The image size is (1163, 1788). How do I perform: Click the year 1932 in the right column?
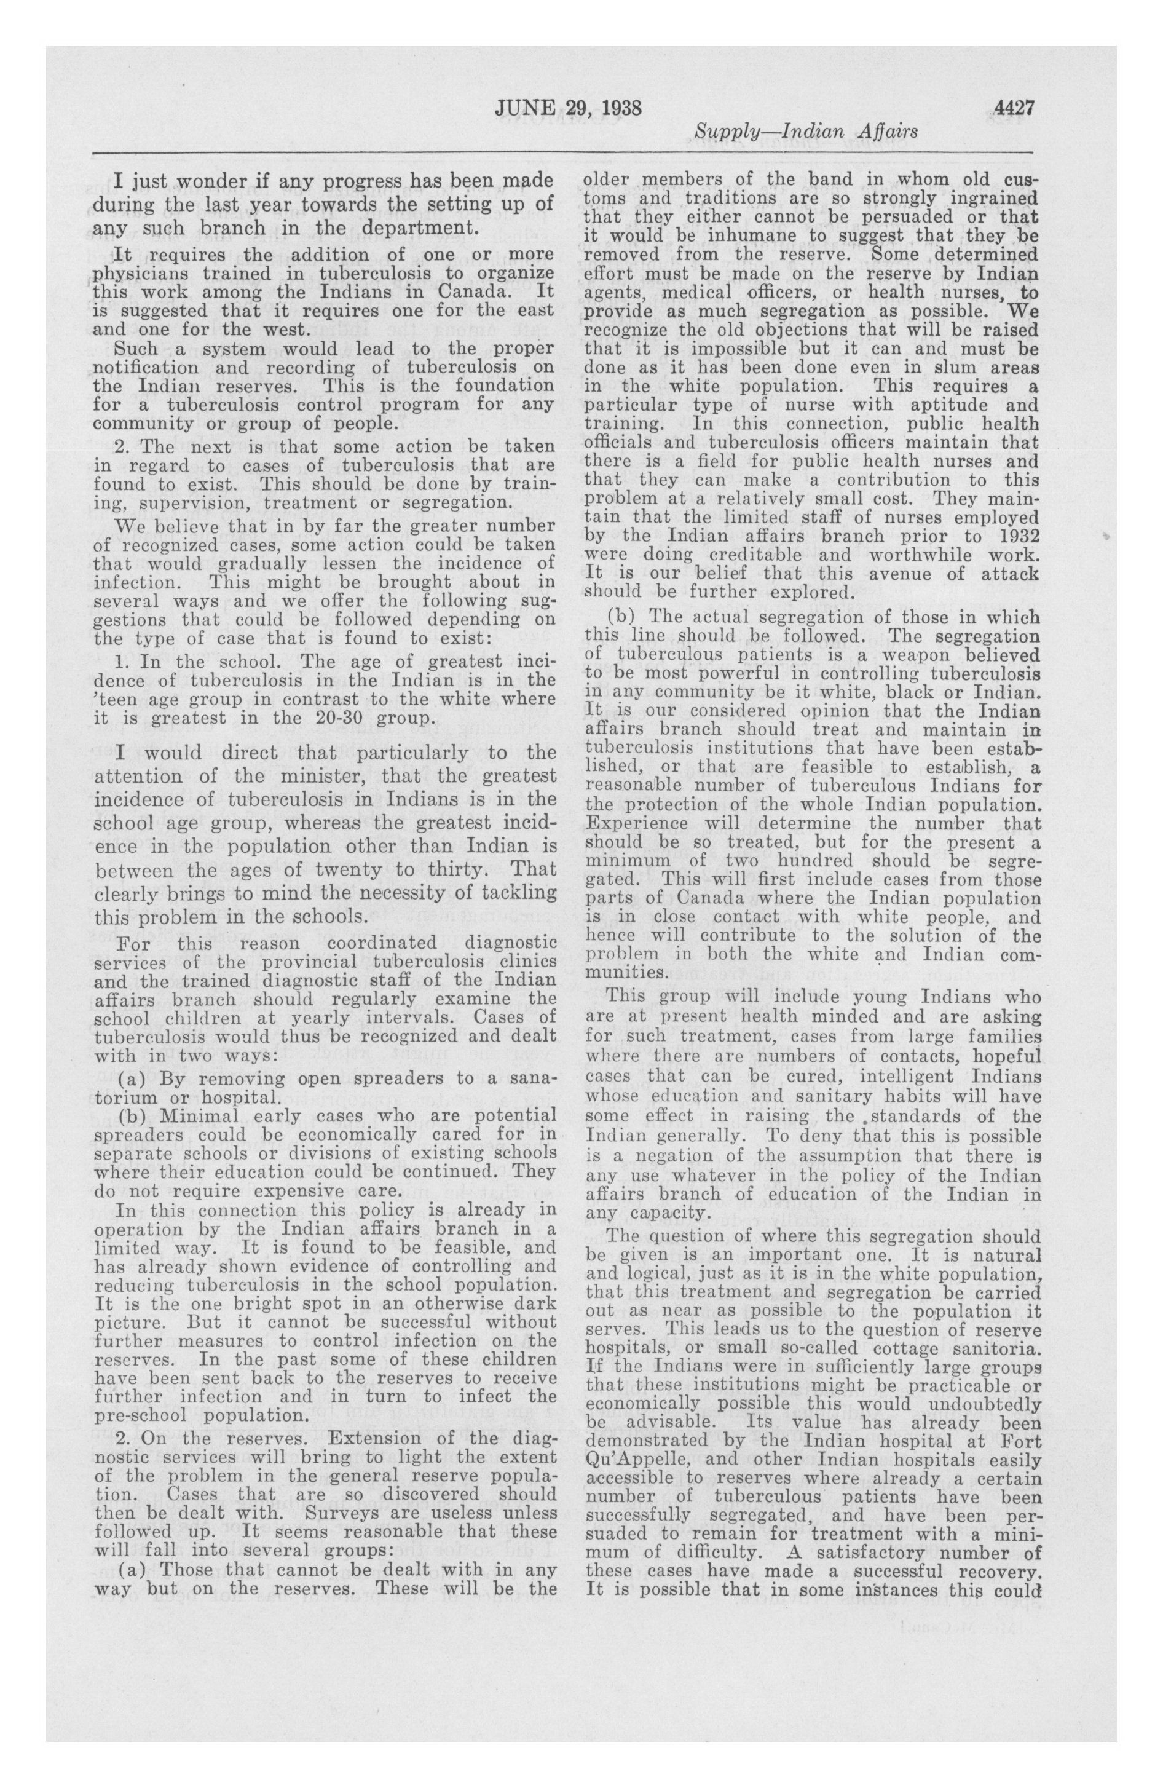click(x=1019, y=536)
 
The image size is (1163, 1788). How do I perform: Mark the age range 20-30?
click(x=341, y=717)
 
